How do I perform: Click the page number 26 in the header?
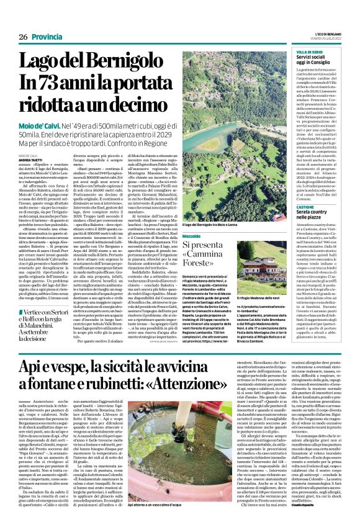click(x=23, y=37)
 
